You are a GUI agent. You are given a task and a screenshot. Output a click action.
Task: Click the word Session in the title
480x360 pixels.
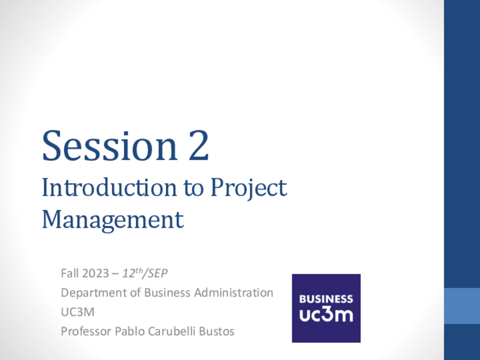point(110,145)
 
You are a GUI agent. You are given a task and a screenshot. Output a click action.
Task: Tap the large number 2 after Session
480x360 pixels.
point(199,145)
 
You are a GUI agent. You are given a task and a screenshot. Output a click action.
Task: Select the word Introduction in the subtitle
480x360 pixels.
point(109,187)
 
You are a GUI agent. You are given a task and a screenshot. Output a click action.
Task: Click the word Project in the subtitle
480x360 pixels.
point(248,189)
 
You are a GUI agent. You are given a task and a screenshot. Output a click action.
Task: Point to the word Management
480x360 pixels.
point(113,221)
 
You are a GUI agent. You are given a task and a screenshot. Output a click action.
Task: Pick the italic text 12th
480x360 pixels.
point(132,273)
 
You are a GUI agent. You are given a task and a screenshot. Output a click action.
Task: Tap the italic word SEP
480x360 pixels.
point(158,273)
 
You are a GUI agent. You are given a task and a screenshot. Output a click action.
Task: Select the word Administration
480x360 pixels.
point(234,293)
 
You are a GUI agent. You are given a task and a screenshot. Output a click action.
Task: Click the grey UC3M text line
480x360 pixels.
point(78,312)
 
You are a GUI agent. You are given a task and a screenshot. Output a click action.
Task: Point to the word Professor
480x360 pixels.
point(86,331)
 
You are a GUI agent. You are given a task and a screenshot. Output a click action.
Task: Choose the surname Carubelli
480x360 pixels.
point(172,331)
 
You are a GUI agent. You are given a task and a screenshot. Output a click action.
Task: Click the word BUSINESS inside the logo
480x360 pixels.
point(326,299)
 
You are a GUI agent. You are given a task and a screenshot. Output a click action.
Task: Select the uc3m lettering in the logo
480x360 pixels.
point(326,314)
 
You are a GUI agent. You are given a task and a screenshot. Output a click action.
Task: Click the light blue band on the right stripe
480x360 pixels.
point(462,306)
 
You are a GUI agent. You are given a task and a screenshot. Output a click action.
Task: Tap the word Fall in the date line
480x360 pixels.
point(70,273)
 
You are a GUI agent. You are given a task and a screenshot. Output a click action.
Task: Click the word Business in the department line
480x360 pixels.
point(167,293)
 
